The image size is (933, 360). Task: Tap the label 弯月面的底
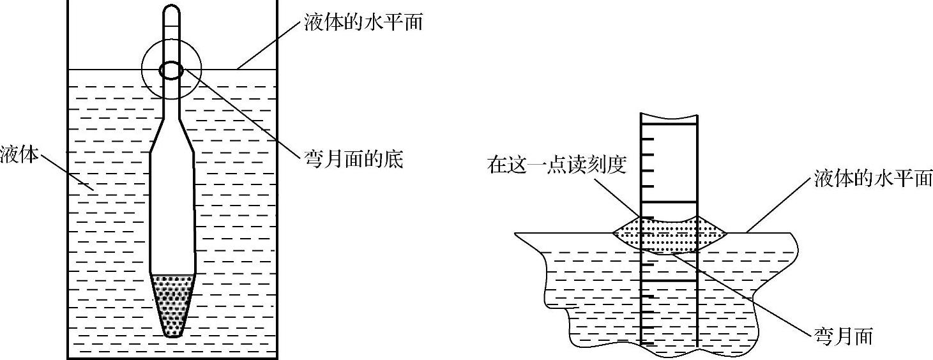click(354, 159)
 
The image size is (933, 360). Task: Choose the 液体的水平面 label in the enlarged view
click(872, 179)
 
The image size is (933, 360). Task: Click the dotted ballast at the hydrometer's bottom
click(172, 303)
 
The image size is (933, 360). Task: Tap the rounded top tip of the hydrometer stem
click(172, 11)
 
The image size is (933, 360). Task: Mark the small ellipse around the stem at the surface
click(171, 70)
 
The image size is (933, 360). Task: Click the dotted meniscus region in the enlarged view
click(669, 235)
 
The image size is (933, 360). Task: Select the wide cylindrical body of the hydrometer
click(172, 211)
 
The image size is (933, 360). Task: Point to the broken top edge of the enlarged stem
click(669, 117)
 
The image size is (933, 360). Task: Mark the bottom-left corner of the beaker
click(69, 357)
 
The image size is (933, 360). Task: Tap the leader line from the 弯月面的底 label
click(243, 115)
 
